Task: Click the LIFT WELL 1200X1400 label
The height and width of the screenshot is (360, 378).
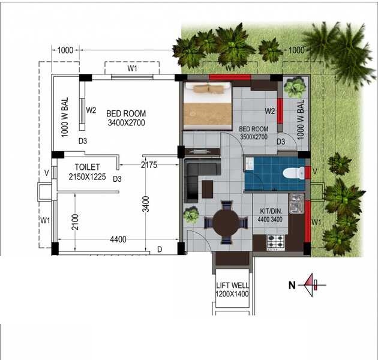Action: click(232, 290)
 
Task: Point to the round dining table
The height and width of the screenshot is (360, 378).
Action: click(226, 223)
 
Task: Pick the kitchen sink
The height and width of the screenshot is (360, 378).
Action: click(296, 204)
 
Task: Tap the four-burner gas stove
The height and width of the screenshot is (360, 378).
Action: click(275, 242)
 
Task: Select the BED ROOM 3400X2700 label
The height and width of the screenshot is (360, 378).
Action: click(126, 118)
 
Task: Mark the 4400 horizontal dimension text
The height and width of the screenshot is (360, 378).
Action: click(118, 240)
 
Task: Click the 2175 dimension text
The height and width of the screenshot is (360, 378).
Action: click(149, 164)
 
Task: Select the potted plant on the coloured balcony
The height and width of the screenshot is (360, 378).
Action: click(295, 88)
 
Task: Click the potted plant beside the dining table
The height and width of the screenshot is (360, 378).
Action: click(192, 215)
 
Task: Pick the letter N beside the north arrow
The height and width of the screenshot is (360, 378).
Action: click(292, 286)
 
